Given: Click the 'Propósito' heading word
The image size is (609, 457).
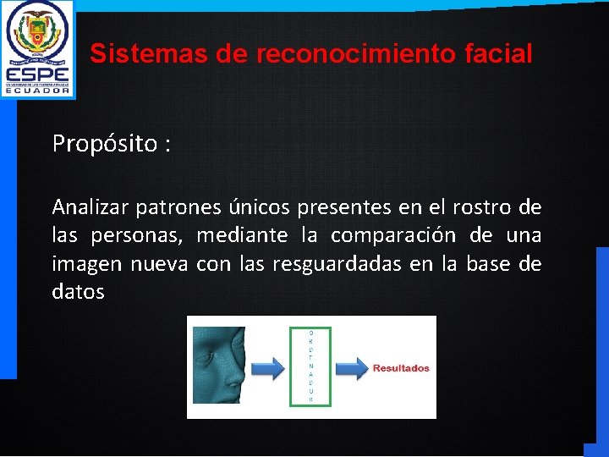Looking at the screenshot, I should [x=105, y=144].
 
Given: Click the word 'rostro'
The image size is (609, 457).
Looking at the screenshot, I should [x=480, y=207].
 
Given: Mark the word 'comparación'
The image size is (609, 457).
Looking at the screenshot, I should [x=392, y=235].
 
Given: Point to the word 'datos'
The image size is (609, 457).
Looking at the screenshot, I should [x=78, y=293].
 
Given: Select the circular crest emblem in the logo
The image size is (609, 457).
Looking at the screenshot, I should [x=37, y=32].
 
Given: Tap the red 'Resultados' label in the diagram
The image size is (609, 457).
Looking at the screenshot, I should [x=401, y=368].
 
